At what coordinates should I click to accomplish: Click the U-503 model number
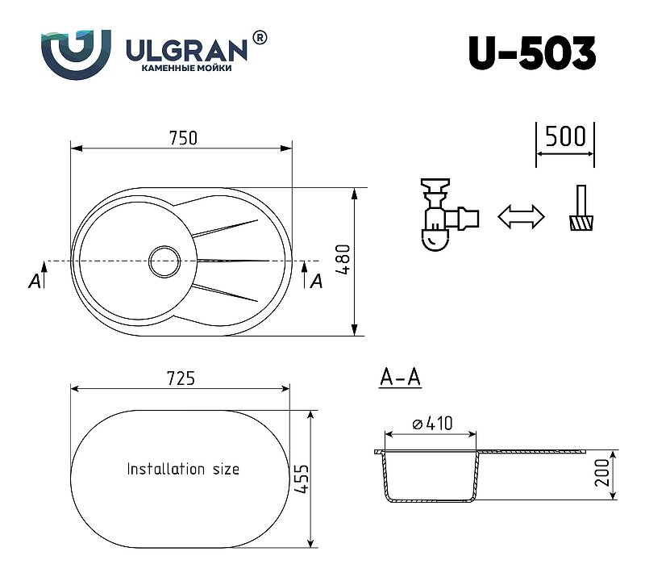[x=532, y=53]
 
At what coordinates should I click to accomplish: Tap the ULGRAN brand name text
[x=186, y=50]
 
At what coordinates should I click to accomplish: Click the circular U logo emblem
[x=76, y=54]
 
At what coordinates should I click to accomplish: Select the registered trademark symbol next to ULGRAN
[x=259, y=37]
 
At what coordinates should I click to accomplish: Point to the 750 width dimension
[x=184, y=138]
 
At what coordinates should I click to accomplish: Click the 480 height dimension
[x=343, y=259]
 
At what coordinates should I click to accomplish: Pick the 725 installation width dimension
[x=181, y=378]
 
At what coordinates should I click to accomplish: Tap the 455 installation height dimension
[x=302, y=479]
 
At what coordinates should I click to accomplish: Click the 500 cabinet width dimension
[x=566, y=136]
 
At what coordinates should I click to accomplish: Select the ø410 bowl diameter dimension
[x=432, y=424]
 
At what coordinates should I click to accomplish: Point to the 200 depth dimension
[x=602, y=472]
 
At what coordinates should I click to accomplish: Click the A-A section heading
[x=400, y=377]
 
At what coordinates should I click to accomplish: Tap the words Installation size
[x=183, y=469]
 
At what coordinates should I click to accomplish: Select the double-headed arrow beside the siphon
[x=521, y=216]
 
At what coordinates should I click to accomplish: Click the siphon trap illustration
[x=449, y=215]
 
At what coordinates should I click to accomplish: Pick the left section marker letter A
[x=35, y=282]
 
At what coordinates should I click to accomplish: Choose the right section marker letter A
[x=316, y=282]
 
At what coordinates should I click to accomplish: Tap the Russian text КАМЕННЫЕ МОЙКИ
[x=186, y=69]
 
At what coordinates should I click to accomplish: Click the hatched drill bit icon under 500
[x=581, y=208]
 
